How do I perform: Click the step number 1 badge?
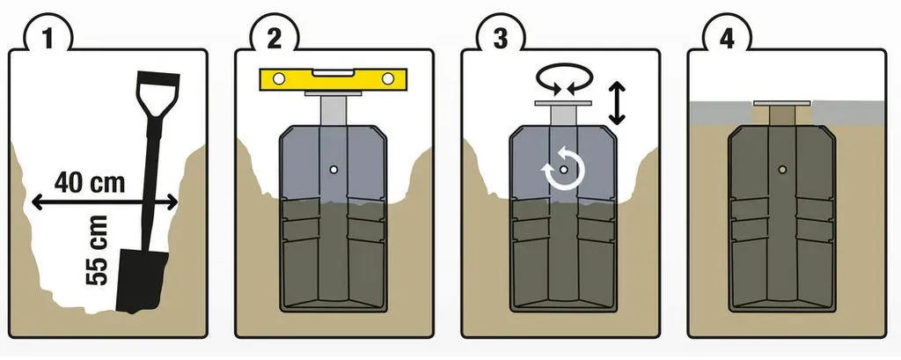pos(48,38)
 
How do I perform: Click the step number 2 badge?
pos(275,38)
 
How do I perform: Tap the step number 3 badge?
pos(501,38)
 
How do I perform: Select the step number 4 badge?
pos(727,38)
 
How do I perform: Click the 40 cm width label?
pos(90,183)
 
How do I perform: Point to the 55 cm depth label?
pos(97,250)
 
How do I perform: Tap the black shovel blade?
pos(142,281)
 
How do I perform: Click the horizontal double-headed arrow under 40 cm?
pos(105,202)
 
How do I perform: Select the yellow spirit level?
pos(333,79)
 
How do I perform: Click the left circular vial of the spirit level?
pos(279,79)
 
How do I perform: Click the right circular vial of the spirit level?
pos(388,79)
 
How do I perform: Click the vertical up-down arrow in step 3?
pos(617,104)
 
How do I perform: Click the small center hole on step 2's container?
pos(333,170)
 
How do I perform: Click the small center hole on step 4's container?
pos(782,169)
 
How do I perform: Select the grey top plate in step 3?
pos(563,103)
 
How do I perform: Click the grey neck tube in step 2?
pos(333,111)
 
